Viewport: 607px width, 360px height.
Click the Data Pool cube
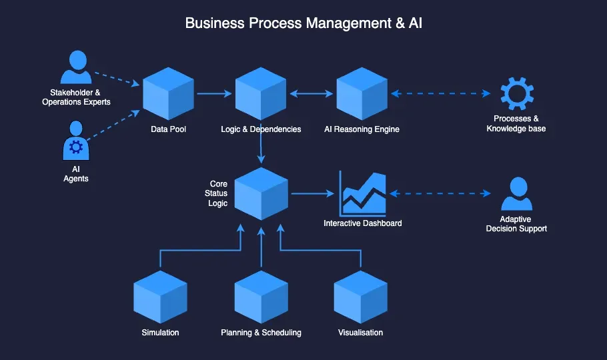[168, 93]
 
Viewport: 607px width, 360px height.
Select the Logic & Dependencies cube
[261, 93]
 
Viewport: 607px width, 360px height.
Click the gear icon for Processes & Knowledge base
[514, 94]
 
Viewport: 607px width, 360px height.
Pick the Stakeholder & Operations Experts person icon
[75, 69]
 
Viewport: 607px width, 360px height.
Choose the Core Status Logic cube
[261, 193]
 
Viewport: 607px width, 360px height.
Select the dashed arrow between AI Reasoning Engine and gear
[441, 93]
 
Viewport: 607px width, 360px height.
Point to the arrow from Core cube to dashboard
[312, 194]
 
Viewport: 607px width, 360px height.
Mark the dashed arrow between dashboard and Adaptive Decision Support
[440, 194]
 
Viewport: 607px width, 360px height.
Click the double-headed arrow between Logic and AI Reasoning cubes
[311, 93]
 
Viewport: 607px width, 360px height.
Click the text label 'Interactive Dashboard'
[362, 223]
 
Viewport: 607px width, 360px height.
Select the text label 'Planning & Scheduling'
[261, 333]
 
